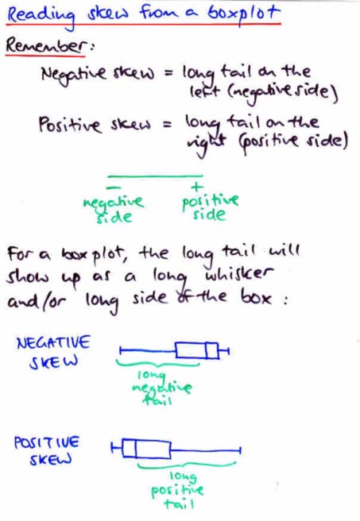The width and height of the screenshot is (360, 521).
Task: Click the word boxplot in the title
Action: [x=244, y=14]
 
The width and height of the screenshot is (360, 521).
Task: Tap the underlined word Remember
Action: [x=47, y=44]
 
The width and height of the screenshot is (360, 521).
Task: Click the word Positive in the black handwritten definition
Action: [x=69, y=125]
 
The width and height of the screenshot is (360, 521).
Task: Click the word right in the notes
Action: [x=206, y=143]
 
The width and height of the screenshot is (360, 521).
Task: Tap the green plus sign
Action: [x=197, y=187]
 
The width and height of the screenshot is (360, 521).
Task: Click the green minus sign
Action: [x=114, y=187]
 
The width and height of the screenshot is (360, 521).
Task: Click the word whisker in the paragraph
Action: [x=239, y=274]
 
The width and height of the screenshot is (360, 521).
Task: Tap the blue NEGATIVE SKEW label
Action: [x=53, y=352]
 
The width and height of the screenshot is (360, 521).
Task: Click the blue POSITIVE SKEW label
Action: [x=47, y=451]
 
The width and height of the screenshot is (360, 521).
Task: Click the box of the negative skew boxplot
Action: [x=197, y=350]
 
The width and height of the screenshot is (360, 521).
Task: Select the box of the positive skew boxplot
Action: [x=146, y=449]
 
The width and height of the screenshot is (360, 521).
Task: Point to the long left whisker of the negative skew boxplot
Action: [x=148, y=350]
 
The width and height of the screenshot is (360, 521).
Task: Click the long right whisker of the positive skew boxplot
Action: [x=206, y=450]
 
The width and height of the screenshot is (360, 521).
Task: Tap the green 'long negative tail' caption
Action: [x=161, y=388]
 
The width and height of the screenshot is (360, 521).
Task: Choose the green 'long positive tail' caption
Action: [x=177, y=491]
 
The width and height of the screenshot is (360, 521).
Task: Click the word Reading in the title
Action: [x=41, y=16]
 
